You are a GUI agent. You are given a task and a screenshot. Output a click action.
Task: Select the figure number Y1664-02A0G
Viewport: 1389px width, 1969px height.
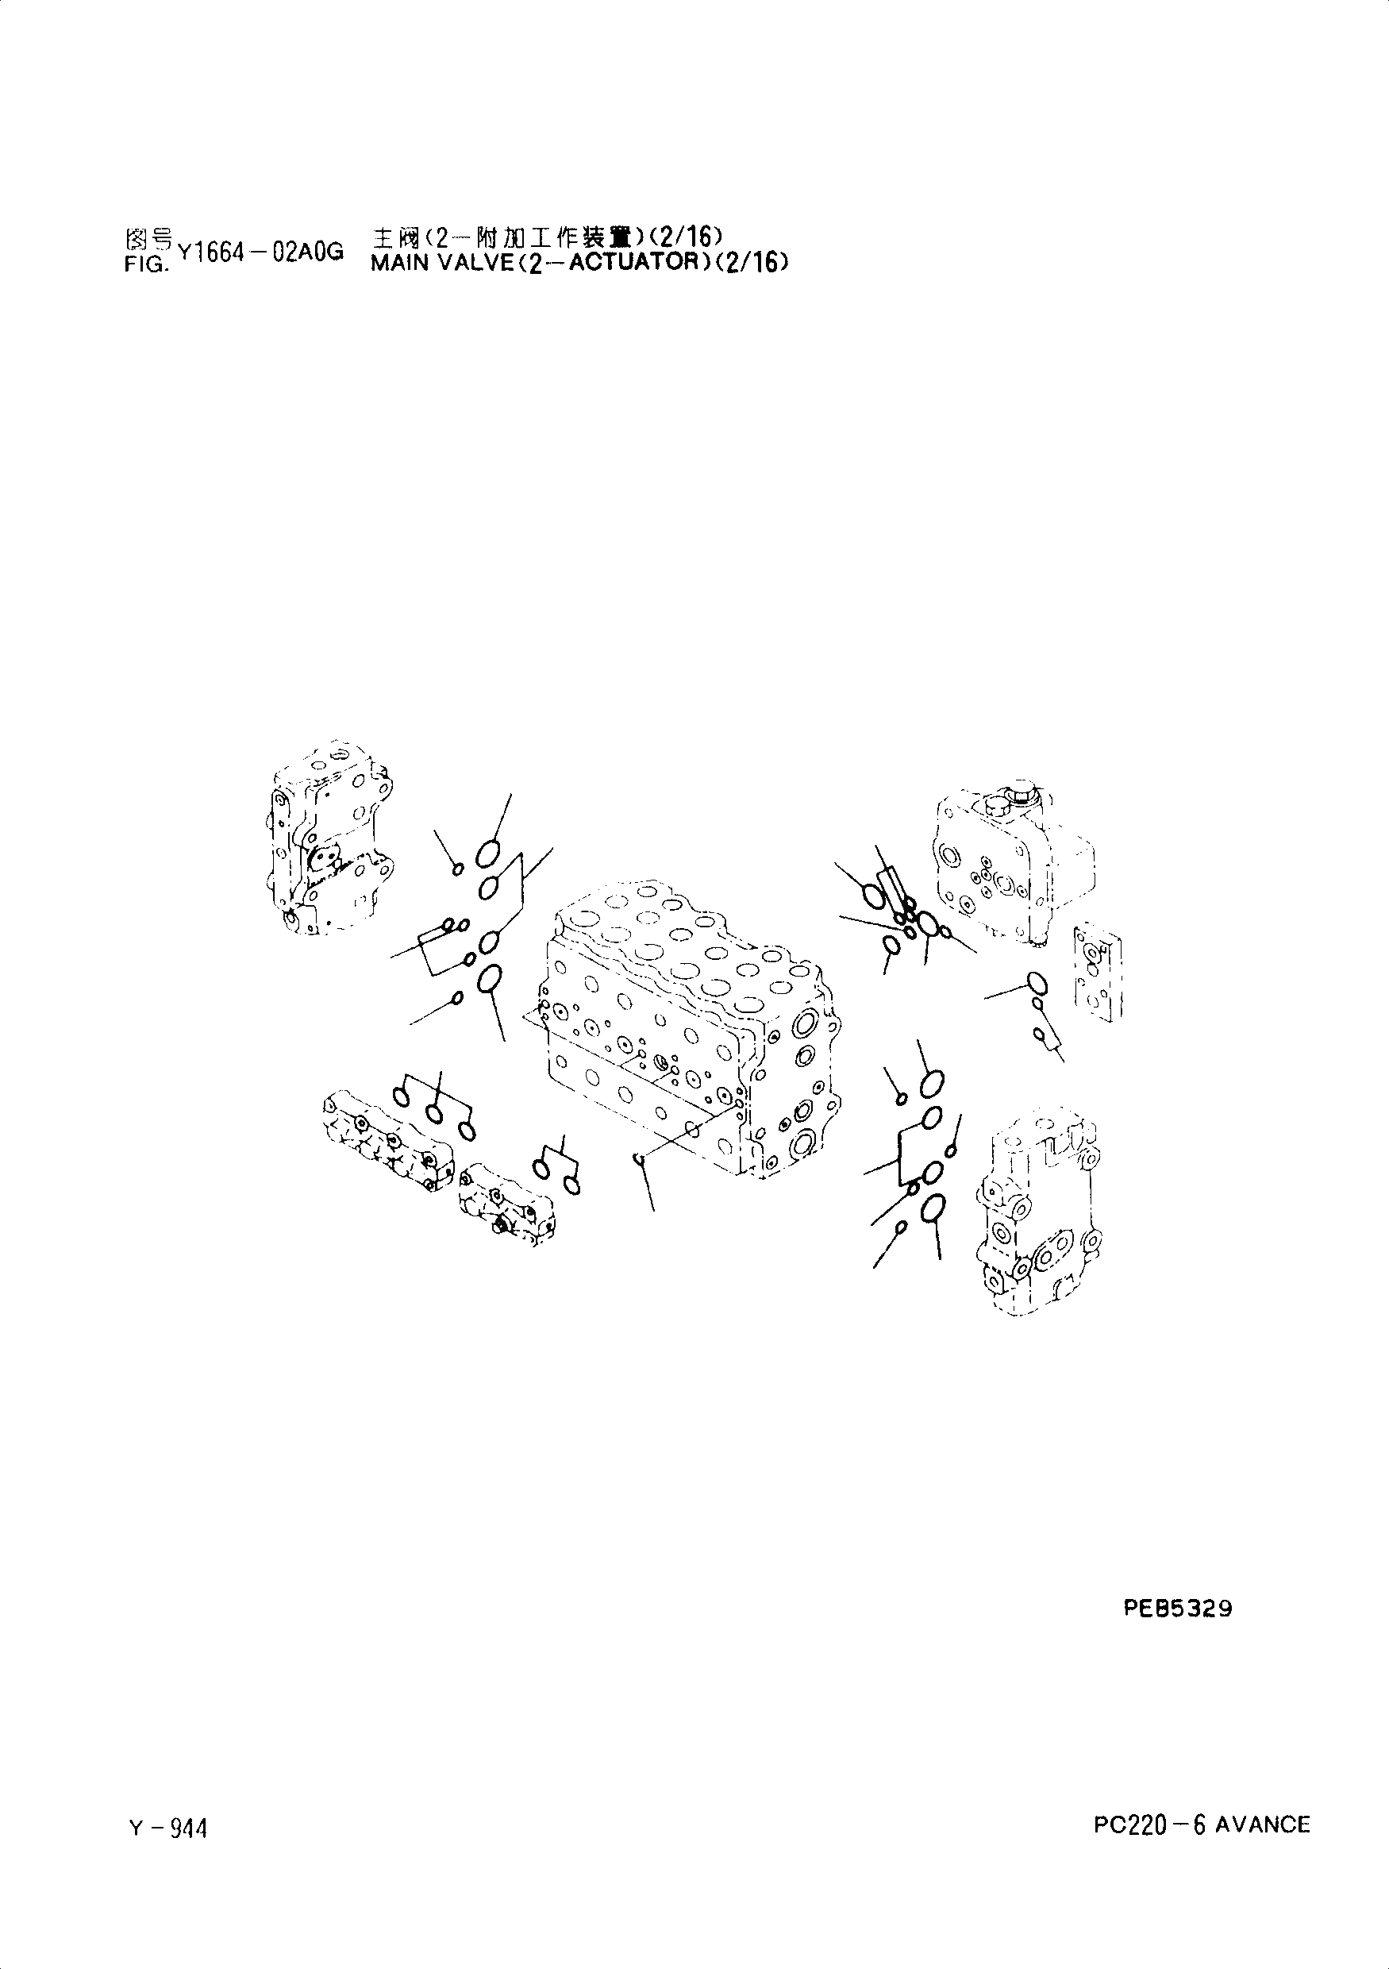pyautogui.click(x=260, y=251)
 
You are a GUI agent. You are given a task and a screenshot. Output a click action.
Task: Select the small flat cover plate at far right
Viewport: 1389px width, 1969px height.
pyautogui.click(x=1098, y=973)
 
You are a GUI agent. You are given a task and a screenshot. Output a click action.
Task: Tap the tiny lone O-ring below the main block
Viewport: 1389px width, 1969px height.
pyautogui.click(x=638, y=1159)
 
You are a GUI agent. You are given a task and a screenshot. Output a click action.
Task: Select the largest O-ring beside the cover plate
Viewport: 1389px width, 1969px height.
pyautogui.click(x=1036, y=981)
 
